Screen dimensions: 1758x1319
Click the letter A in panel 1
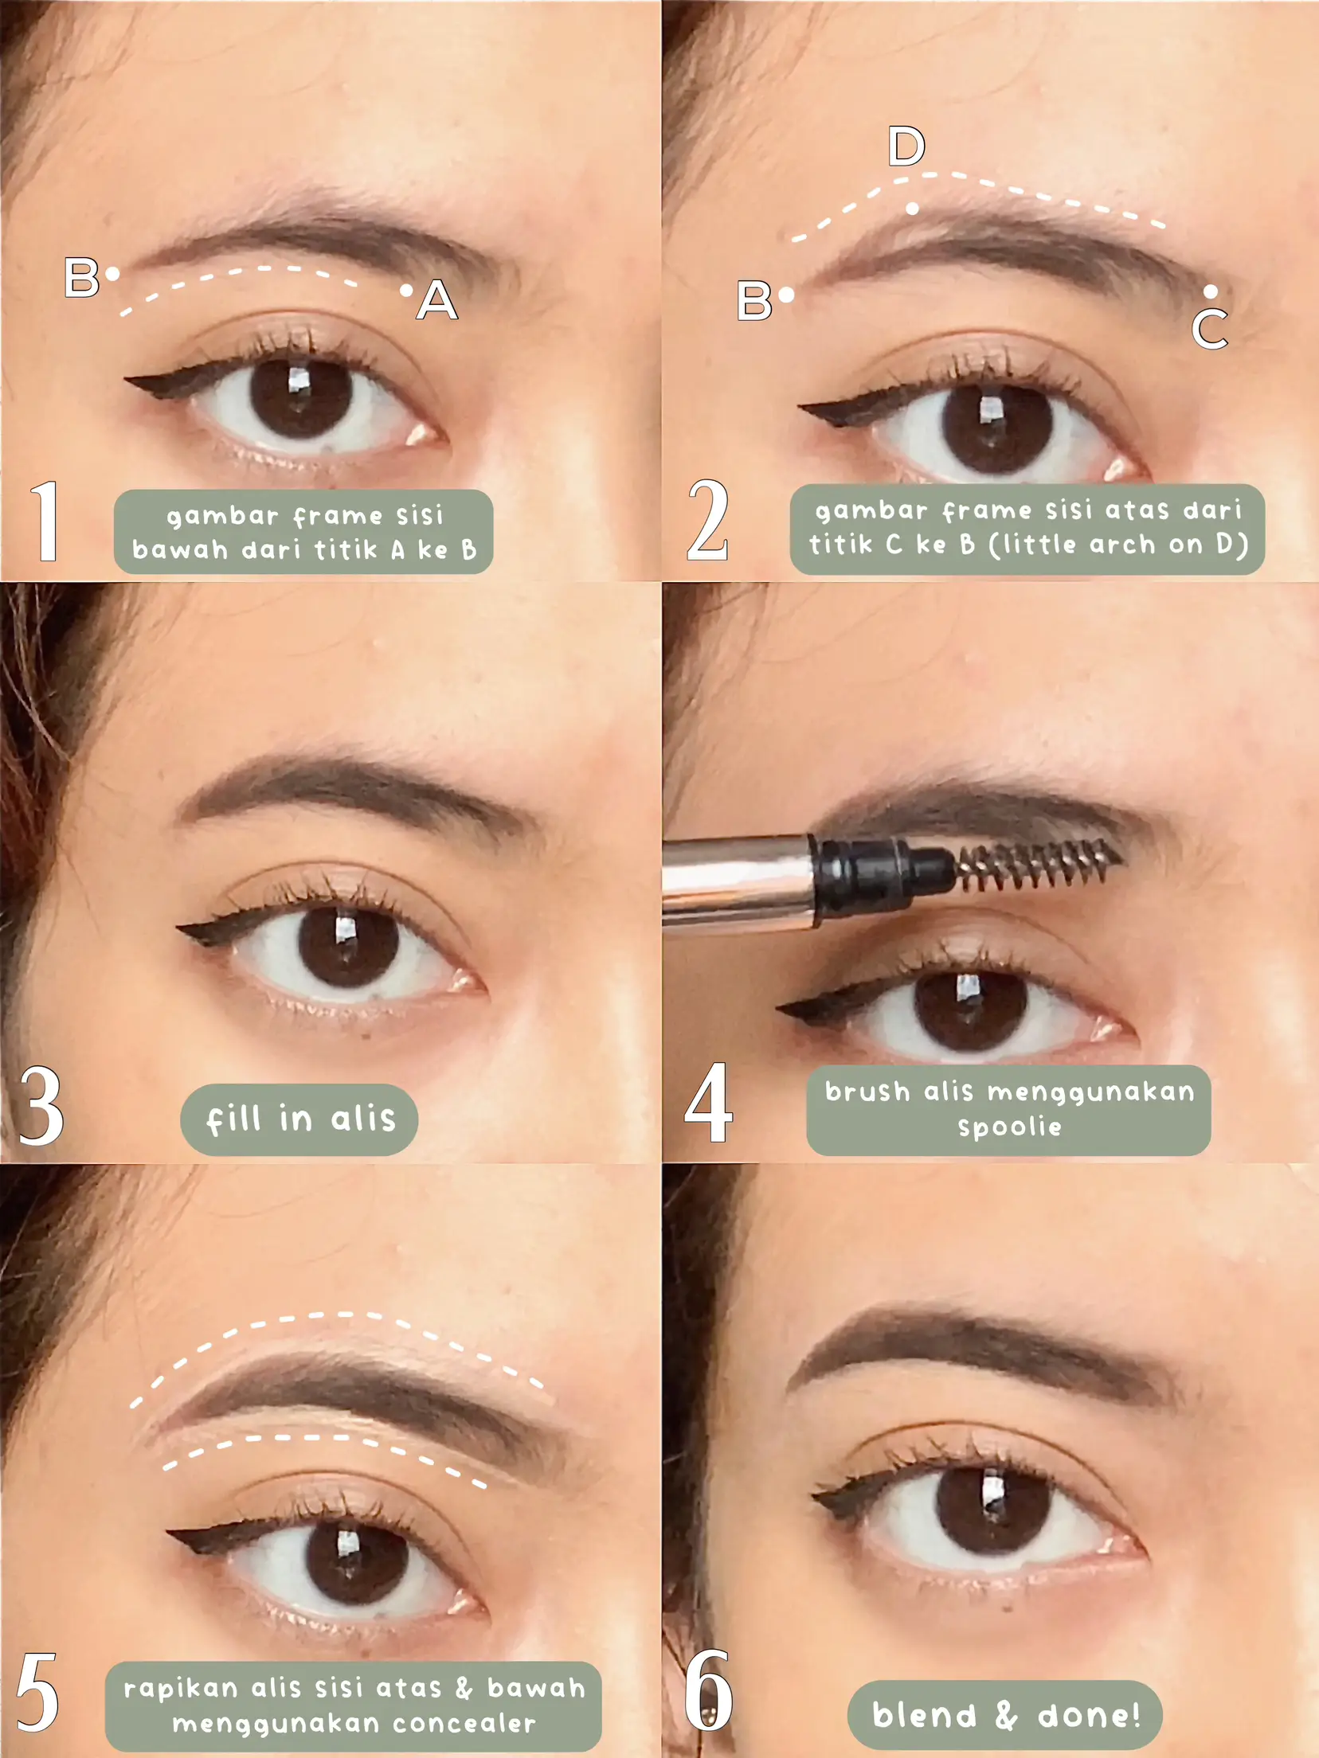(x=437, y=301)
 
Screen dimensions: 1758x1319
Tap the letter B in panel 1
(x=82, y=278)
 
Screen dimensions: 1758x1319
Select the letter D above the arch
(x=906, y=146)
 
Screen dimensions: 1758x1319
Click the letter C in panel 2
(x=1210, y=330)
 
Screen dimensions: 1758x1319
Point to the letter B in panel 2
(x=754, y=301)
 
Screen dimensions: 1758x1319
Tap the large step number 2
(x=707, y=522)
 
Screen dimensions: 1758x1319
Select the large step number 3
(x=40, y=1107)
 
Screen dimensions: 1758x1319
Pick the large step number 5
(x=37, y=1692)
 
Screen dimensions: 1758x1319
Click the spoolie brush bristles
(x=1035, y=864)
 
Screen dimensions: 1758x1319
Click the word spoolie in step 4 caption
(x=1009, y=1127)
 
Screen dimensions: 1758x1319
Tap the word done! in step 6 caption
(x=1088, y=1716)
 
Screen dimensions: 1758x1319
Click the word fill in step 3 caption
(x=233, y=1119)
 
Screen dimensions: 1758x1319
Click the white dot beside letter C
(x=1211, y=291)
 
